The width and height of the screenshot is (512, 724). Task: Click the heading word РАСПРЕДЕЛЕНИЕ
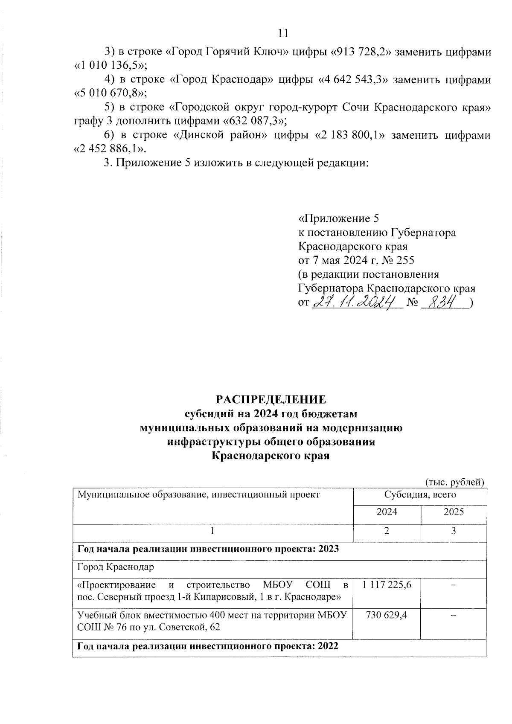271,399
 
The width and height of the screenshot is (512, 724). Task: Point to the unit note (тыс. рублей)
455,482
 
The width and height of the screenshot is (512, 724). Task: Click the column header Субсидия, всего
420,495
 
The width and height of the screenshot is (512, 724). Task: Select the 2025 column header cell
453,512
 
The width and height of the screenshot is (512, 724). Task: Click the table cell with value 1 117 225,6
387,585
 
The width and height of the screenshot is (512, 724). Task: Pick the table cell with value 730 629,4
387,615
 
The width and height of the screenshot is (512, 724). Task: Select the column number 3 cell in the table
453,531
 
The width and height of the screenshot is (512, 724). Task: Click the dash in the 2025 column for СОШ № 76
453,615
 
